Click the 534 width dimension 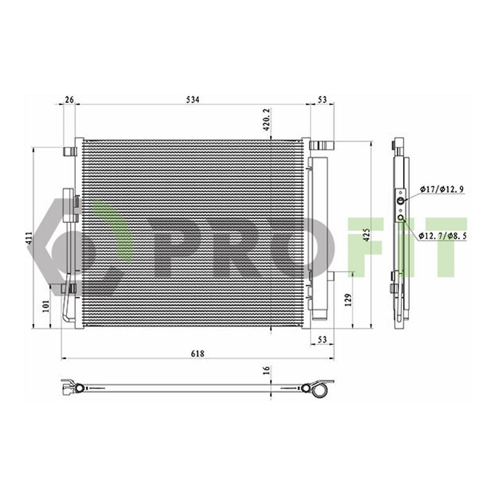pyautogui.click(x=193, y=100)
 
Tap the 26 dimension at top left pyautogui.click(x=69, y=99)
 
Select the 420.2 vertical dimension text pyautogui.click(x=267, y=120)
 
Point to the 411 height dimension pyautogui.click(x=30, y=238)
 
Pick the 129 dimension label pyautogui.click(x=348, y=300)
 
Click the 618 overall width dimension pyautogui.click(x=198, y=354)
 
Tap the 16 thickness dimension pyautogui.click(x=267, y=370)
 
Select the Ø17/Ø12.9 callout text pyautogui.click(x=442, y=190)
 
